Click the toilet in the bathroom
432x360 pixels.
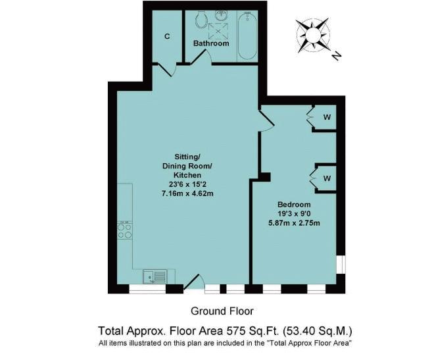tap(201, 19)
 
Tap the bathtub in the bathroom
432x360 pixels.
tap(247, 36)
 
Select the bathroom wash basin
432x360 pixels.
tap(221, 15)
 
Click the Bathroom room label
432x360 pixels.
tap(211, 43)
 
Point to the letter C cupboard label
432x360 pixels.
tap(167, 36)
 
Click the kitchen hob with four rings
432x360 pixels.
tap(124, 230)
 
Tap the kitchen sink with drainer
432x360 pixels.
tap(155, 276)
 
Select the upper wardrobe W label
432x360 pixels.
tap(327, 117)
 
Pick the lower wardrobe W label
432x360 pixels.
tap(327, 178)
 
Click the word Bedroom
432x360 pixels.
tap(294, 205)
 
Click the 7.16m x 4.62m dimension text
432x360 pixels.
tap(187, 193)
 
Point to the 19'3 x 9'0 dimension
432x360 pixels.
tap(294, 213)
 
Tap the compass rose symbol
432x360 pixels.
tap(313, 35)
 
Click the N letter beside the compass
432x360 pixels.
tap(337, 55)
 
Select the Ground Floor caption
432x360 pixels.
tap(222, 311)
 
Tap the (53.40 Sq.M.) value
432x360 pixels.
tap(318, 330)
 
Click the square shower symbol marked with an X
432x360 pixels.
tap(218, 31)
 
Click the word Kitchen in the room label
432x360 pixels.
tap(187, 175)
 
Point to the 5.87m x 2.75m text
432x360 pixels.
tap(294, 222)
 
